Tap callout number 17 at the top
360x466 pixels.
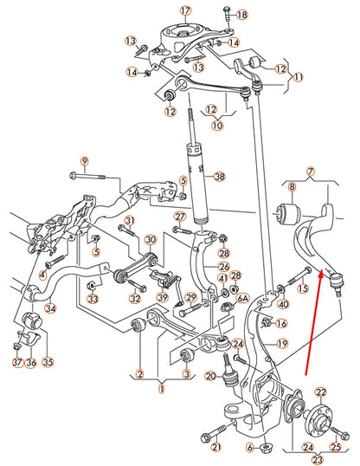click(x=184, y=10)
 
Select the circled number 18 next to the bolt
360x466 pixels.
click(x=241, y=16)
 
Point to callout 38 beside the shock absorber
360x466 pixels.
click(x=219, y=177)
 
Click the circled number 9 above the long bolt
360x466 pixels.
click(x=85, y=161)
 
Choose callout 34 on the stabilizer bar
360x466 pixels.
click(x=50, y=306)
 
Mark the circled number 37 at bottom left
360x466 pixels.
click(x=15, y=363)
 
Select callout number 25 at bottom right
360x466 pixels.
click(x=337, y=426)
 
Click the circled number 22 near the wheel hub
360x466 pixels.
click(x=322, y=392)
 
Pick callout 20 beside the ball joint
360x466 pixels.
click(x=209, y=376)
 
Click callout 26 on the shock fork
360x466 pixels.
click(x=223, y=268)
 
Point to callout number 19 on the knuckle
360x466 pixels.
click(x=281, y=344)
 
